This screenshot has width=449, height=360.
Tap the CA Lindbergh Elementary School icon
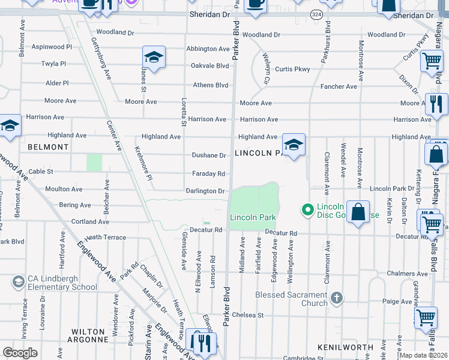click(18, 281)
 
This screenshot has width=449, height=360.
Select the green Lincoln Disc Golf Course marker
click(308, 209)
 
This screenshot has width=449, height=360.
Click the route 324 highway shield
click(316, 13)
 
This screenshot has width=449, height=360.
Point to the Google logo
click(20, 352)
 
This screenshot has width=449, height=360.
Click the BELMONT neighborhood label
click(47, 146)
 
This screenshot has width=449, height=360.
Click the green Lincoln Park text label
click(252, 216)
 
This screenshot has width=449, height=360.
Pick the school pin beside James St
click(154, 58)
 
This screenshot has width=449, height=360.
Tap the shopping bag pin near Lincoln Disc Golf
click(358, 212)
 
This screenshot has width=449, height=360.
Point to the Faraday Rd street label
click(209, 174)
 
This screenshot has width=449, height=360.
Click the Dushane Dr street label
click(208, 155)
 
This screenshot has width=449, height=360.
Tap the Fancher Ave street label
click(339, 86)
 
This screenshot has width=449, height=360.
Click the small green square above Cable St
click(94, 163)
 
